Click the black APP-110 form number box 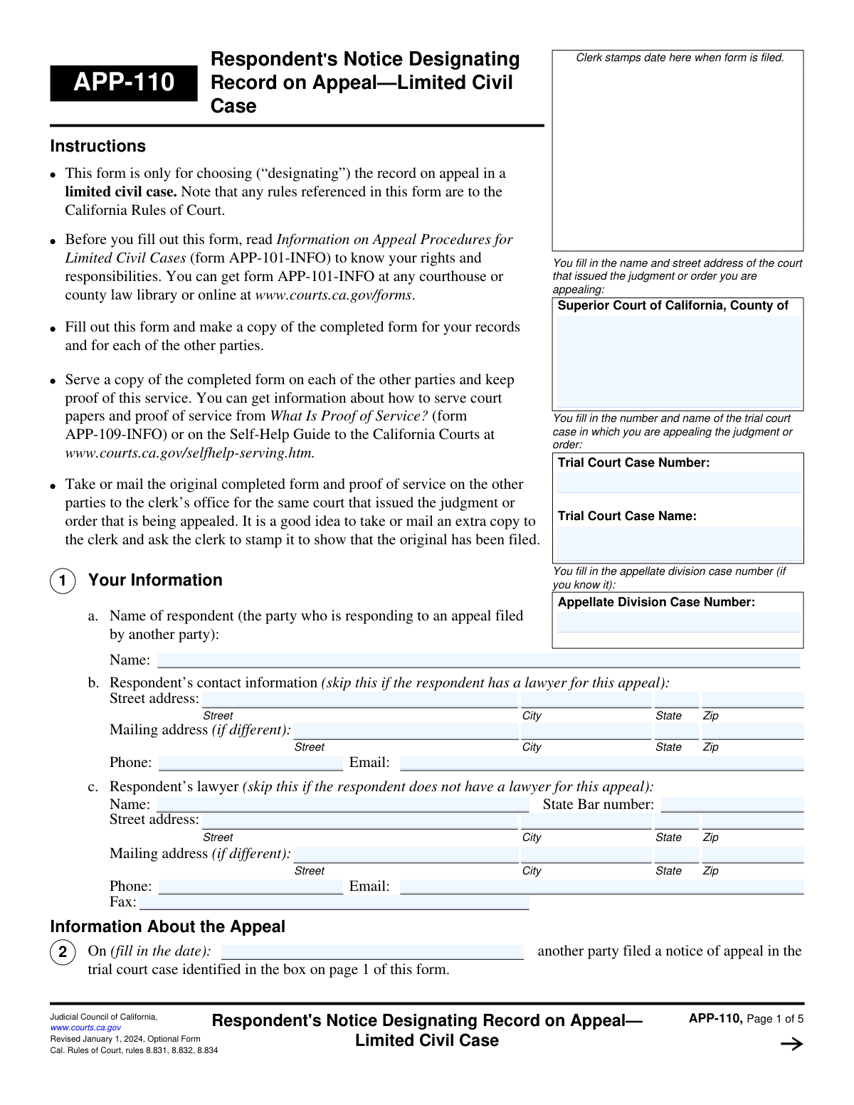pyautogui.click(x=124, y=83)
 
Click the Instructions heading pyautogui.click(x=97, y=146)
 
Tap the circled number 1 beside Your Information pyautogui.click(x=63, y=581)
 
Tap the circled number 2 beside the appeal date pyautogui.click(x=63, y=952)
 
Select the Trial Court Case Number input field pyautogui.click(x=678, y=482)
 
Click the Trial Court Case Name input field pyautogui.click(x=678, y=543)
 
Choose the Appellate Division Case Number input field pyautogui.click(x=678, y=623)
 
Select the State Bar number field pyautogui.click(x=732, y=805)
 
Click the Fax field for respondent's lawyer pyautogui.click(x=334, y=902)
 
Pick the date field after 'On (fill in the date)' pyautogui.click(x=372, y=952)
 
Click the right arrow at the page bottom pyautogui.click(x=791, y=1044)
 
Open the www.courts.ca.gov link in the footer pyautogui.click(x=85, y=1027)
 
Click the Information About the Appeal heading pyautogui.click(x=167, y=926)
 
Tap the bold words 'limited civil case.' pyautogui.click(x=121, y=192)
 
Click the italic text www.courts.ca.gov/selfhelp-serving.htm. pyautogui.click(x=189, y=453)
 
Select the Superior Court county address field pyautogui.click(x=678, y=361)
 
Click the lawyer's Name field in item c pyautogui.click(x=342, y=805)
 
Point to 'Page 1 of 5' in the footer pyautogui.click(x=775, y=1019)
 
